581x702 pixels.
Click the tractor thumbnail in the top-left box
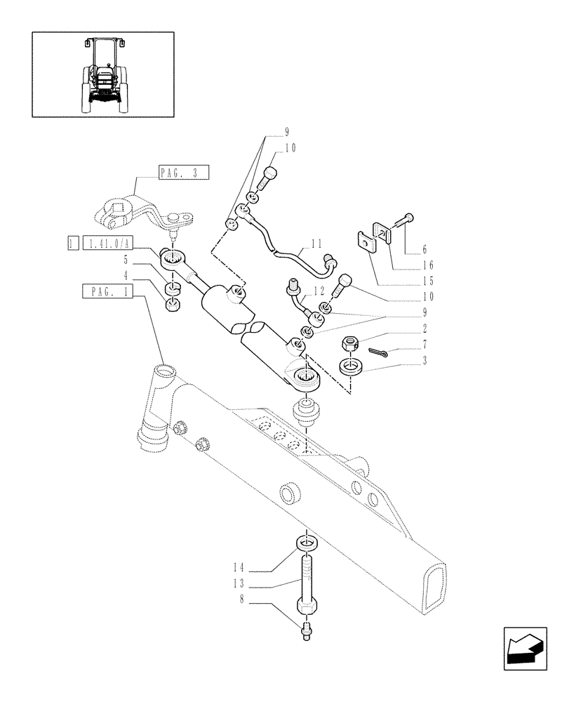click(x=102, y=74)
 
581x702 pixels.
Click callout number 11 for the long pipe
click(x=316, y=245)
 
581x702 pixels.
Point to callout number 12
click(x=319, y=291)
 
